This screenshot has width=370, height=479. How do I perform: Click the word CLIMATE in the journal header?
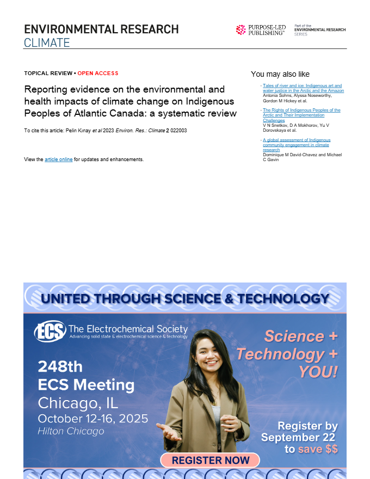[47, 42]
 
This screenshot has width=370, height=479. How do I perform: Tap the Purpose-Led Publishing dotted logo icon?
[241, 30]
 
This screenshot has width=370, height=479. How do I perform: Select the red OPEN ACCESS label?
[98, 73]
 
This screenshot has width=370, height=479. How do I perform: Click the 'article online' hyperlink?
[58, 159]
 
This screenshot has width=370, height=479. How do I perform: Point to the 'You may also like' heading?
[280, 74]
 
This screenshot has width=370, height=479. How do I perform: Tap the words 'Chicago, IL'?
[78, 403]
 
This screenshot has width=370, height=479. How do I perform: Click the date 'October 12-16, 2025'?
[92, 419]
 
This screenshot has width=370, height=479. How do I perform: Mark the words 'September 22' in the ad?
[300, 437]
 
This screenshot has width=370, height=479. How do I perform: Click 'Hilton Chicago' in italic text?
[71, 431]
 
